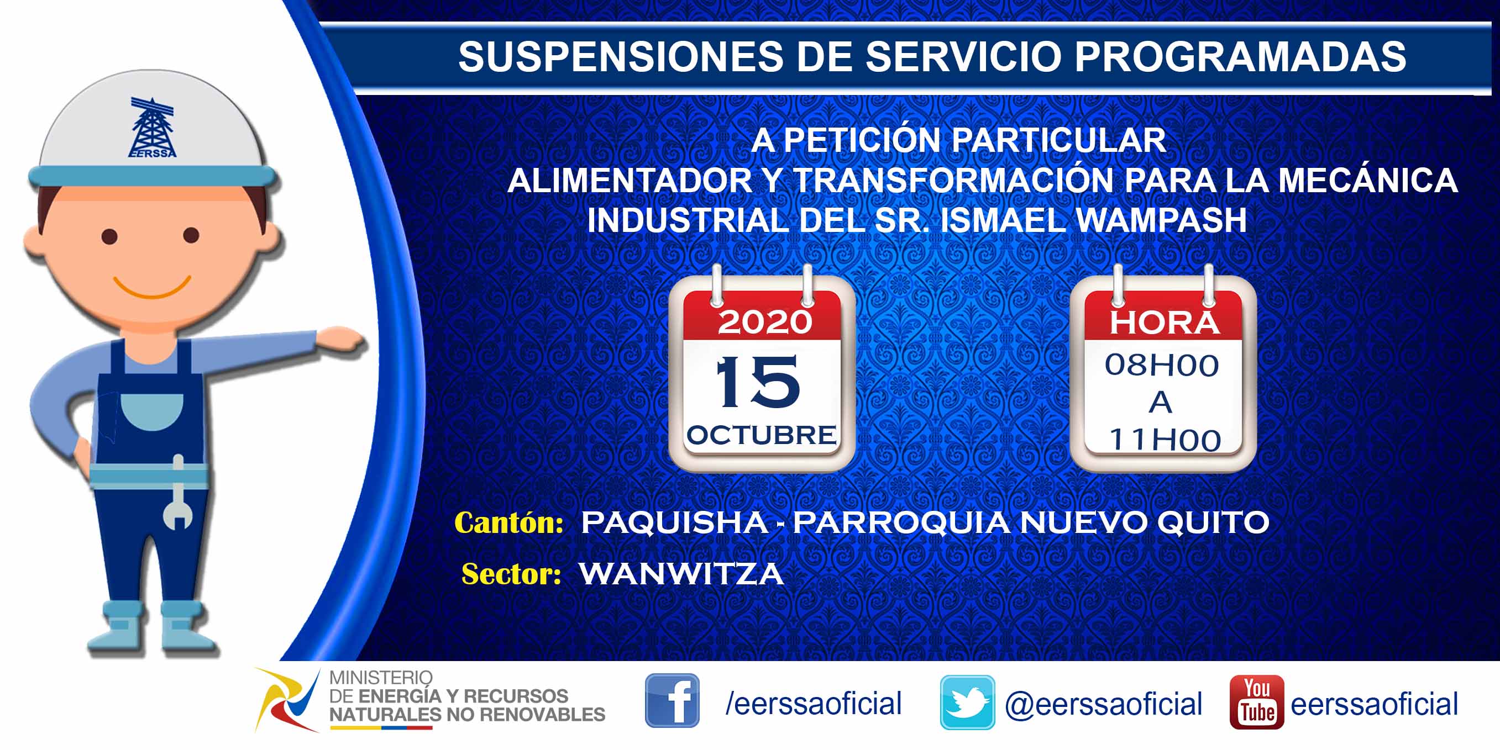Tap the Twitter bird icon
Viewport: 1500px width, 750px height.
coord(967,703)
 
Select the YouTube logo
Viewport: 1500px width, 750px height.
coord(1257,702)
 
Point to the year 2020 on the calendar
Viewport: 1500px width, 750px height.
coord(764,322)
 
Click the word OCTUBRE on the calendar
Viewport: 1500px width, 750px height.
coord(762,435)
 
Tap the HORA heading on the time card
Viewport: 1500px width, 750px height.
coord(1164,323)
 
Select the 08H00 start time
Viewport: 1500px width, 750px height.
coord(1162,366)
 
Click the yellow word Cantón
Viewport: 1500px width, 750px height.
coord(508,522)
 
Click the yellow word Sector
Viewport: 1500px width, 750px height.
coord(511,574)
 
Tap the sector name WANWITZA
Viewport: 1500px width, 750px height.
coord(681,574)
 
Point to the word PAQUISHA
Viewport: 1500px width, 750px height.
coord(674,522)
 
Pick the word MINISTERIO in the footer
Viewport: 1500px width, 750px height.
coord(381,678)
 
